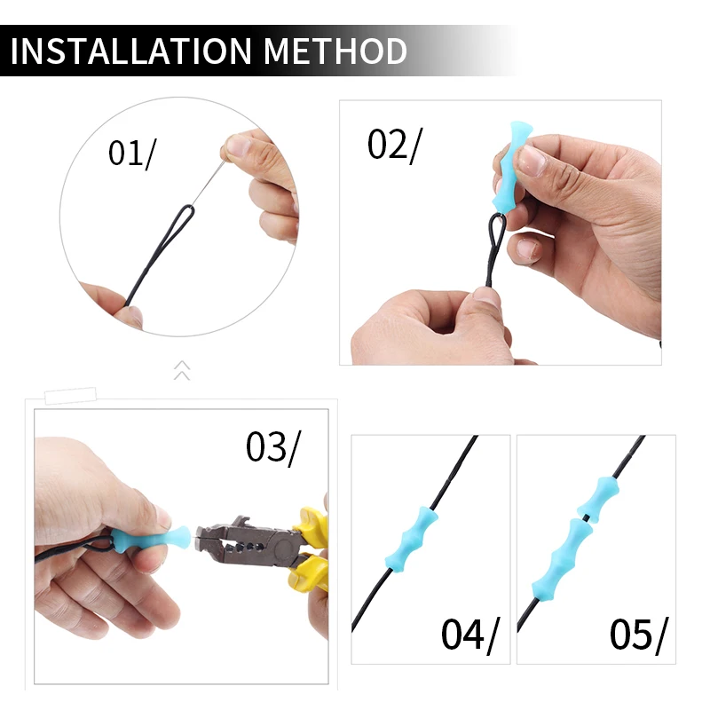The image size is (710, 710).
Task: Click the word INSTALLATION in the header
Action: [x=130, y=51]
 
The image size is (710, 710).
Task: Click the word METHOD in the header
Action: [x=335, y=51]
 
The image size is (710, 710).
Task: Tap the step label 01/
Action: [x=131, y=154]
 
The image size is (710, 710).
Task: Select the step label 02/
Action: [x=394, y=145]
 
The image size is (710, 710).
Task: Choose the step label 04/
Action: [x=470, y=635]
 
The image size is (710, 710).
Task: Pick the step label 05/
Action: [x=638, y=635]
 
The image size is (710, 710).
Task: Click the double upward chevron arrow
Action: [x=182, y=370]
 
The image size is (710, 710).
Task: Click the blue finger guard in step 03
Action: [x=145, y=538]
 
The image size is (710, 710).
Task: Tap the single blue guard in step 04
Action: [x=412, y=540]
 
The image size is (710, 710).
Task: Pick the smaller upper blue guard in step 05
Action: [x=595, y=497]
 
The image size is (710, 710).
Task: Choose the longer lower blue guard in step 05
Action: [x=562, y=560]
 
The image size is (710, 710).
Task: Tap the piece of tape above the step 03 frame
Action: [x=71, y=395]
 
